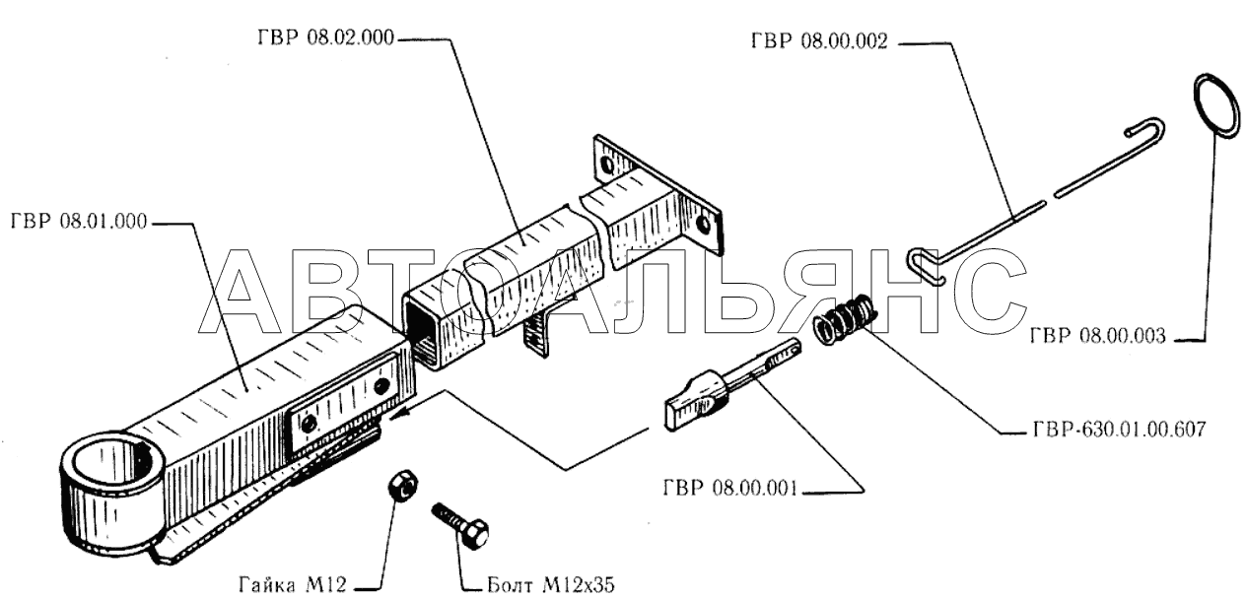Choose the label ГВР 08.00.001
click(x=728, y=487)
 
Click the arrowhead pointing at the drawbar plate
click(x=397, y=416)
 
